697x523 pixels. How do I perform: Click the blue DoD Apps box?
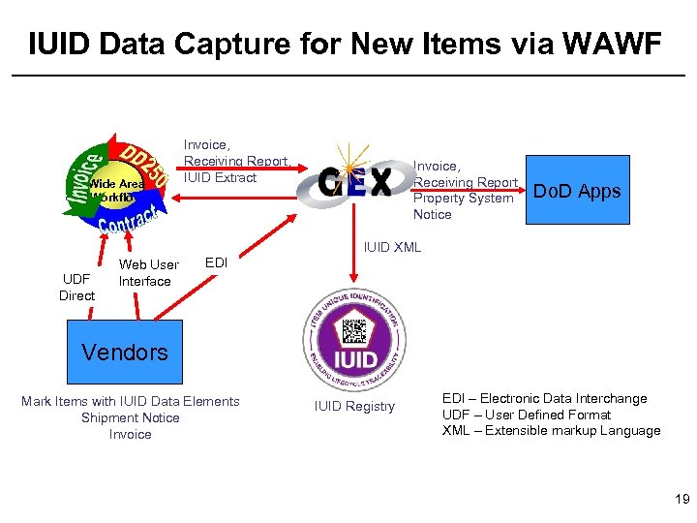(577, 190)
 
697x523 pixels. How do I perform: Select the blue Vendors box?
(125, 353)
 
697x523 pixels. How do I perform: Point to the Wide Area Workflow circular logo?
(117, 184)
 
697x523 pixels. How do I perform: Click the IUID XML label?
(392, 247)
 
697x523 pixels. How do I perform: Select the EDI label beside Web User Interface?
(216, 262)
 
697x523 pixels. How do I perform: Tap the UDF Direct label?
(77, 288)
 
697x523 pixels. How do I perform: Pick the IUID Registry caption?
(355, 407)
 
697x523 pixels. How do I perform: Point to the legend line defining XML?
(551, 431)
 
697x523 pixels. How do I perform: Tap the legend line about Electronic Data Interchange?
(544, 398)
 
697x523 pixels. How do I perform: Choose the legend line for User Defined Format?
(526, 415)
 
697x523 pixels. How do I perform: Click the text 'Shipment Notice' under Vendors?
(131, 417)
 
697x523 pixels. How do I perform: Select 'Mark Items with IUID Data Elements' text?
(131, 401)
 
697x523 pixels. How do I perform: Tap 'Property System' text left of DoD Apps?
(463, 199)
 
